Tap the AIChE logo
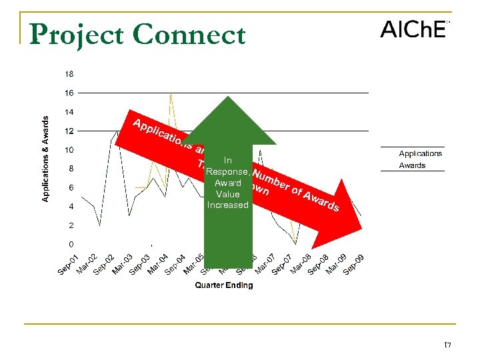413,30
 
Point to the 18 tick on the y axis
69,73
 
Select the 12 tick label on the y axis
69,131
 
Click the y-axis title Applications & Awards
46,158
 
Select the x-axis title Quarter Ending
223,285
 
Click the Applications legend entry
420,153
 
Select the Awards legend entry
412,165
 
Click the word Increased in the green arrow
227,205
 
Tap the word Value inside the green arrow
227,194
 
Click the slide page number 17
447,345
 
